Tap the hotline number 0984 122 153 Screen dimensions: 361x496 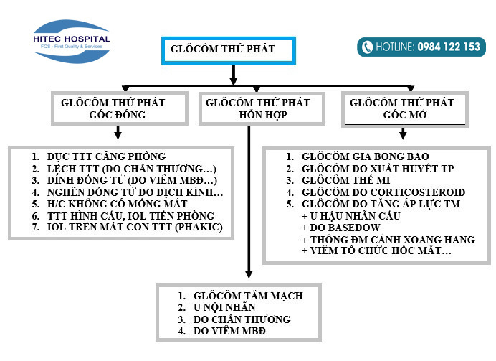(449, 47)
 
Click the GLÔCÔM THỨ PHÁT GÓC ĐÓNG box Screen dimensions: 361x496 (117, 108)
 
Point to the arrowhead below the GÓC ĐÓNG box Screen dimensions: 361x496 (118, 134)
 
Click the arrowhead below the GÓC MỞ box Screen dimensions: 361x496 (404, 134)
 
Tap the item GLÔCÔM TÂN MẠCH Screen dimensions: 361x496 (248, 296)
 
